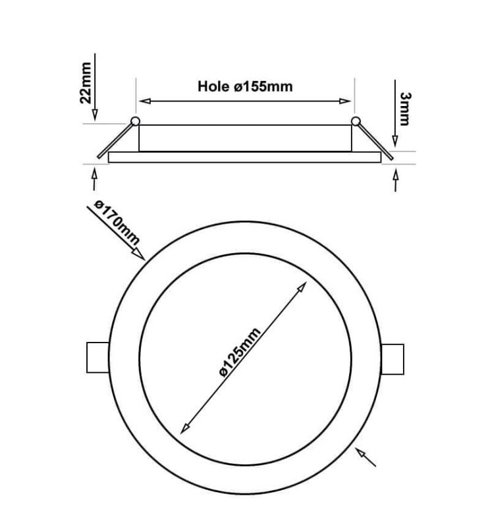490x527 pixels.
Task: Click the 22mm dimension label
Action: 86,83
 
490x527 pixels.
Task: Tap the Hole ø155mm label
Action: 245,86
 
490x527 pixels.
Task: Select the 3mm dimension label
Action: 405,109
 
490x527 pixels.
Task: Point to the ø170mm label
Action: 117,223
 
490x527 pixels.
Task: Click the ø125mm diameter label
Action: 239,352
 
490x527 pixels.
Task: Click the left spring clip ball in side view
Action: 135,121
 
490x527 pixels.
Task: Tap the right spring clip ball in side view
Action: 356,121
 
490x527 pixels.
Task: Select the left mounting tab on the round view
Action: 97,357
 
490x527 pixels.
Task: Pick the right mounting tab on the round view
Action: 393,359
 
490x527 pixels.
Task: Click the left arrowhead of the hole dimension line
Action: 145,101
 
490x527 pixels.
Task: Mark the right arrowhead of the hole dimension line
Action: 345,101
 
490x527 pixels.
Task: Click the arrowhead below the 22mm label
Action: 95,115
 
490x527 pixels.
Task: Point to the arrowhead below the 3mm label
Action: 395,141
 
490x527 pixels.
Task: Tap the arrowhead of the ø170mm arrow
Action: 139,254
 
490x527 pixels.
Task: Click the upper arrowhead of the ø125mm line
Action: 302,287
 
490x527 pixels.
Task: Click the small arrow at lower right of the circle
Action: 366,457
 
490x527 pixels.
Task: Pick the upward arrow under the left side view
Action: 94,179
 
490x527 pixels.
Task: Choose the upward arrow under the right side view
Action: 396,180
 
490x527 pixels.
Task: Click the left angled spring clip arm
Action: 115,140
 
